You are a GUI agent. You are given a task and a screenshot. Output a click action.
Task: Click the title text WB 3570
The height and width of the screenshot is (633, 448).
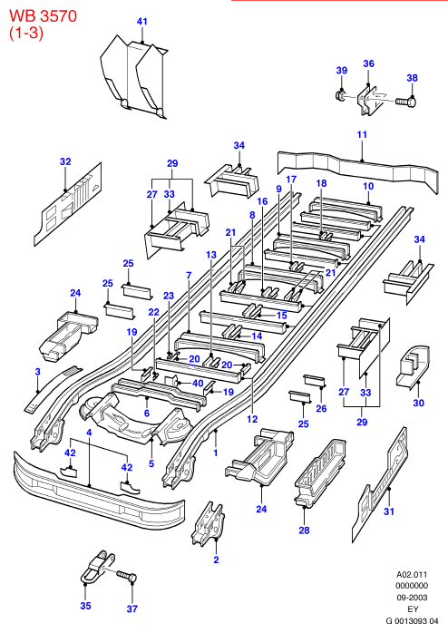[44, 16]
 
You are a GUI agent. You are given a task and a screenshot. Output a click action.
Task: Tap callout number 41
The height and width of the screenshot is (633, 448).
[142, 21]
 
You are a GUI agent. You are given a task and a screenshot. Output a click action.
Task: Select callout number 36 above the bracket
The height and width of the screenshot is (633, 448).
[368, 63]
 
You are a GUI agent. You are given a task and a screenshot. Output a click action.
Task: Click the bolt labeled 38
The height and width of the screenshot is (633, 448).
[406, 102]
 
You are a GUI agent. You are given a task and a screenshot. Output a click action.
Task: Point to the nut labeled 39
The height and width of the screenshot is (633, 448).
[341, 96]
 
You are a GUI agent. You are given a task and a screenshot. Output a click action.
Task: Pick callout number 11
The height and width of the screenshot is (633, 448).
[362, 134]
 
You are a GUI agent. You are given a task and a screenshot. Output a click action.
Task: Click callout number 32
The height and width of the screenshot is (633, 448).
[65, 161]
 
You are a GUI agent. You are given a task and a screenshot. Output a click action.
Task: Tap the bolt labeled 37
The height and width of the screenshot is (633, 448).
[127, 577]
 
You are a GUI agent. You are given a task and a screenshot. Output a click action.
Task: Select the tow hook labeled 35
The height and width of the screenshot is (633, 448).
[98, 566]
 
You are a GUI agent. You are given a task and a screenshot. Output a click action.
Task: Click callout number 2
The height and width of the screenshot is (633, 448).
[216, 560]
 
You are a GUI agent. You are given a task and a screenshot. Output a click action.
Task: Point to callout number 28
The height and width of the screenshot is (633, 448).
[304, 530]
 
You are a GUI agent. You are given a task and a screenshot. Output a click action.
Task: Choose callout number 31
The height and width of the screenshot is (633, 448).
[389, 511]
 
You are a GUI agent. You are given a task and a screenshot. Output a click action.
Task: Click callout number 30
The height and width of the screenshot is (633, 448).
[419, 403]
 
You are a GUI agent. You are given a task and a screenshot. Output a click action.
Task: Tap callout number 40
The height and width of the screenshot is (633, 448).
[198, 383]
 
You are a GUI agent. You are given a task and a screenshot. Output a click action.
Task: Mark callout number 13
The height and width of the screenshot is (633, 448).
[211, 255]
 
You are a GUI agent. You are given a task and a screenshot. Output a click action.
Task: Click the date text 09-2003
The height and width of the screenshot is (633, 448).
[412, 598]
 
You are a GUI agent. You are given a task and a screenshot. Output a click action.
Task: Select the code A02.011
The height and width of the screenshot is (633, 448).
[412, 574]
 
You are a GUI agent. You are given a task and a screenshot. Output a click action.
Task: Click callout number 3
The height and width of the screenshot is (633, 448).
[37, 372]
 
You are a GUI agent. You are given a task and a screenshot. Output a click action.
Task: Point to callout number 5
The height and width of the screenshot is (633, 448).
[151, 463]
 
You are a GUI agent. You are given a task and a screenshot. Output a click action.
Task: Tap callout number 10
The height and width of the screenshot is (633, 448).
[368, 186]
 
